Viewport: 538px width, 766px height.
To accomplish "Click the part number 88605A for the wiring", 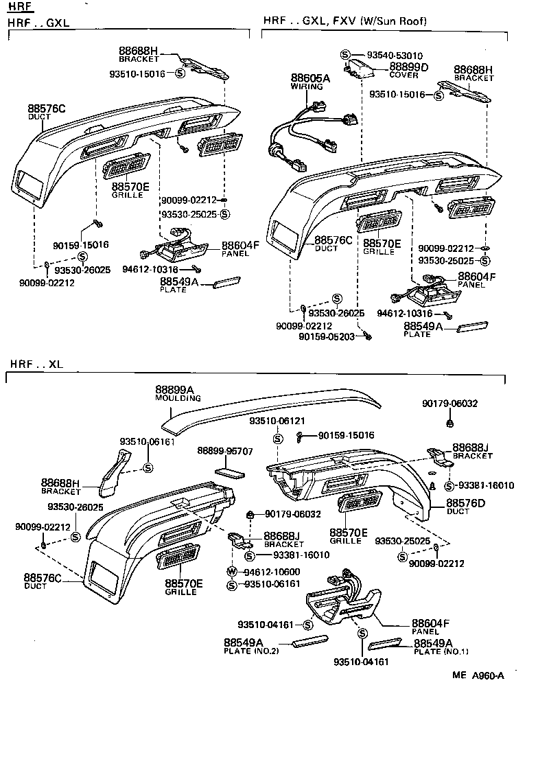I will (x=309, y=78).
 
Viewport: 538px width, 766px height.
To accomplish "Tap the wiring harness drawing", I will (x=309, y=130).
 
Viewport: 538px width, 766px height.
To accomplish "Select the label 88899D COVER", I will (x=408, y=70).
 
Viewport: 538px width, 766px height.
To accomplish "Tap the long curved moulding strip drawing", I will (x=274, y=408).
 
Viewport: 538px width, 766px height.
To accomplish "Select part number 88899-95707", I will (x=225, y=451).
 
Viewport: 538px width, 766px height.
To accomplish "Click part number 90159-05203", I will (x=326, y=336).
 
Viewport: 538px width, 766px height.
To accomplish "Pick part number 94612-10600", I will (x=271, y=571).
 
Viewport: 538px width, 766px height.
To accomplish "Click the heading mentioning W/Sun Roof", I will (x=344, y=21).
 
